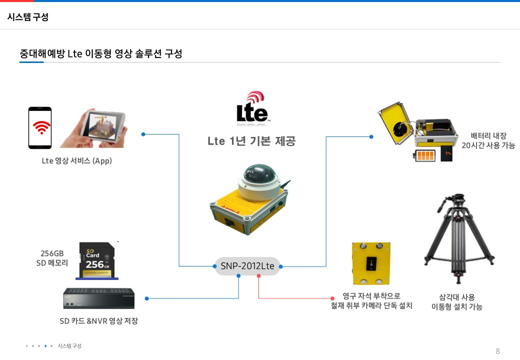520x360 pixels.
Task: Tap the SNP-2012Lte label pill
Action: point(247,266)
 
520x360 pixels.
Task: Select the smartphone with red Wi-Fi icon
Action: point(40,128)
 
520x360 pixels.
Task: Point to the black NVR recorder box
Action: point(98,298)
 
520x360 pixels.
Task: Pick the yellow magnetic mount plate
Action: point(371,263)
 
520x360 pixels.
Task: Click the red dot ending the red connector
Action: point(332,298)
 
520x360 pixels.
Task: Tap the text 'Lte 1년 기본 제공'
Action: point(251,141)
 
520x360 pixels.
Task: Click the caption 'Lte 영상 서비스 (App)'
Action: point(76,161)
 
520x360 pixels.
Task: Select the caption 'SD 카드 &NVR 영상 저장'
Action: point(98,321)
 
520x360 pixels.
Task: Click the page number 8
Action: point(497,350)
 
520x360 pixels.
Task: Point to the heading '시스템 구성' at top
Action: point(28,17)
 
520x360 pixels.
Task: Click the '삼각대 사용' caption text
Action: point(453,297)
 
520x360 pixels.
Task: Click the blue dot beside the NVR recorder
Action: point(146,298)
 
